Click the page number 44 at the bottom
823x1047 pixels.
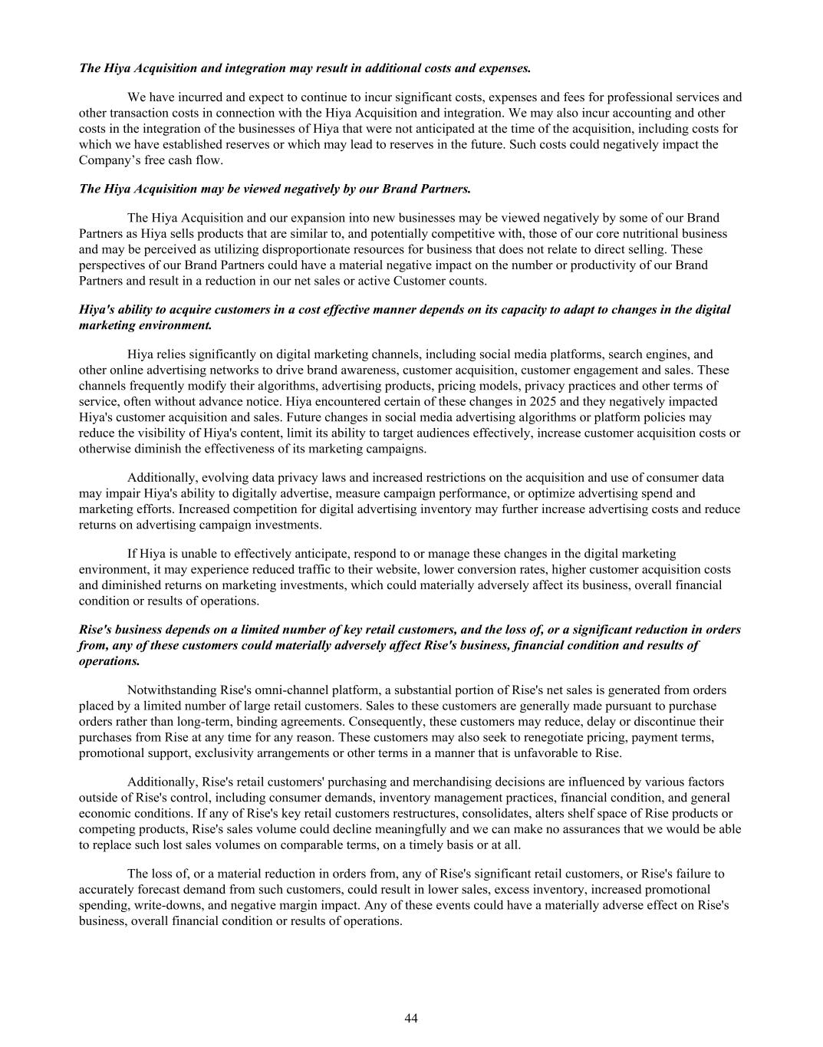click(x=411, y=1018)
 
